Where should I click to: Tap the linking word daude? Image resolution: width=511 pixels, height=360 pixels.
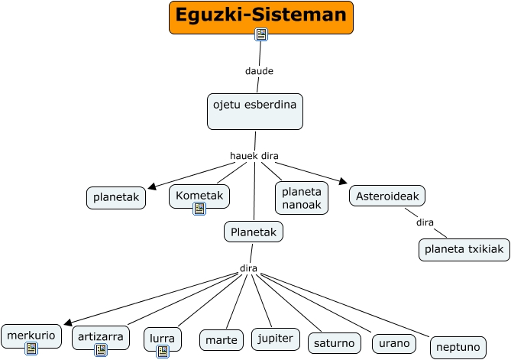click(259, 71)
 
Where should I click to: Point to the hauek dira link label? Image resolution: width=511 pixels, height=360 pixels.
click(254, 156)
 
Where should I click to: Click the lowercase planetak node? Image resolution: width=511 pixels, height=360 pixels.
click(116, 197)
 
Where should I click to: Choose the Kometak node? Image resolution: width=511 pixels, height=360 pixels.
click(199, 196)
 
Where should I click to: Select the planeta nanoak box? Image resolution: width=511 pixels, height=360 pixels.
click(302, 197)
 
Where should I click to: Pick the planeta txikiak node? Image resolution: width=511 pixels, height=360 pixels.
click(464, 249)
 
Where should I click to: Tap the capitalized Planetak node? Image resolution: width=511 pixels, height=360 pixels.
click(254, 231)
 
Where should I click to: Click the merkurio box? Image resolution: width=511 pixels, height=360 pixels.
click(31, 335)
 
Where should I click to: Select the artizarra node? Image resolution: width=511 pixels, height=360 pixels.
click(101, 336)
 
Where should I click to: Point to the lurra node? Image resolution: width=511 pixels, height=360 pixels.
click(162, 337)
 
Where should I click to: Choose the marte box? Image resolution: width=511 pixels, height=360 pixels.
click(222, 339)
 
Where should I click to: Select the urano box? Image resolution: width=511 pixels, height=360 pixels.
click(394, 343)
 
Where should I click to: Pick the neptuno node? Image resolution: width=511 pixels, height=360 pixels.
click(458, 347)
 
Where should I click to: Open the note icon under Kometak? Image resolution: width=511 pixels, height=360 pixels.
click(199, 209)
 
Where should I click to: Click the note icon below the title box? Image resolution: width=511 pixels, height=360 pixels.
click(261, 34)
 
